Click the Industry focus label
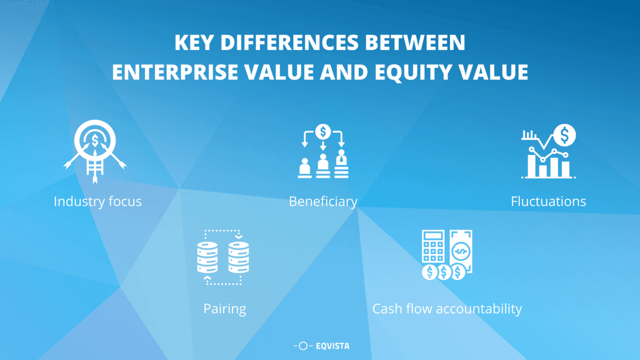coord(97,201)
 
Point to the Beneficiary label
coord(323,201)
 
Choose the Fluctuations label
coord(548,201)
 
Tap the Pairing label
coord(224,309)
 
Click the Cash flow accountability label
coord(447,309)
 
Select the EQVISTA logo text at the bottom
coord(332,346)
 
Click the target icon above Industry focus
coord(95,140)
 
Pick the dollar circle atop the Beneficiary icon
coord(323,131)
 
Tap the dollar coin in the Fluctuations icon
coord(564,135)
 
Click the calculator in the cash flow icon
coord(433,247)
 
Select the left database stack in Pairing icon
coord(208,257)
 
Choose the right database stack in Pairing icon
coord(239,257)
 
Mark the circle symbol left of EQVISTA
coord(303,346)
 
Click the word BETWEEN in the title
coord(415,43)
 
